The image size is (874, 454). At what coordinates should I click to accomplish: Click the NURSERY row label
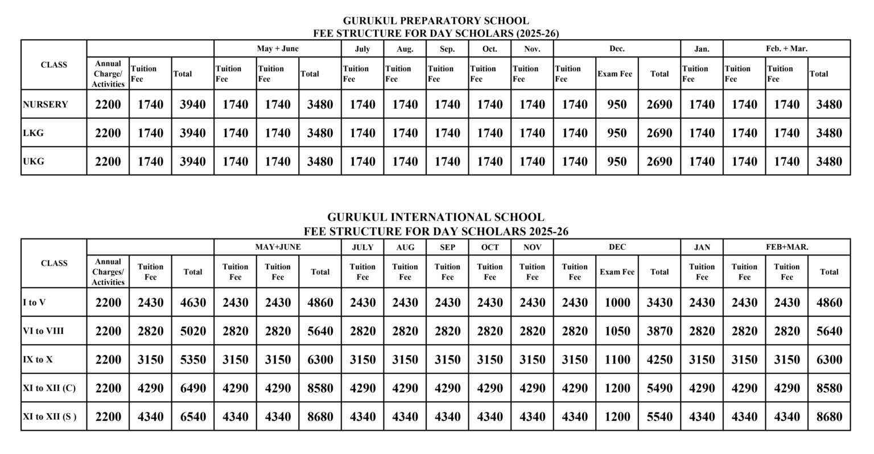coord(46,105)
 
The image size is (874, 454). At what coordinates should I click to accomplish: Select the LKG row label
coord(33,133)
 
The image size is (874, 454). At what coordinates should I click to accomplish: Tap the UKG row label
coord(34,162)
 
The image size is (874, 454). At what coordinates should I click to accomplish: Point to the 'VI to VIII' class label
coord(43,331)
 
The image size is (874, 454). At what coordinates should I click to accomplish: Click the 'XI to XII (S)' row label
coord(50,416)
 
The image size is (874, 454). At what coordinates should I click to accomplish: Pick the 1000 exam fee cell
coord(617,303)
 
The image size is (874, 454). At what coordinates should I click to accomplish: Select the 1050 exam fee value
coord(617,331)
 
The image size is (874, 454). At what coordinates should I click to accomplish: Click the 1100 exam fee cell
coord(617,360)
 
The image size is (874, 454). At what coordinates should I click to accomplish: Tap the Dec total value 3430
coord(659,303)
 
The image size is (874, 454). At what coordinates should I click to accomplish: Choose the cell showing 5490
coord(659,388)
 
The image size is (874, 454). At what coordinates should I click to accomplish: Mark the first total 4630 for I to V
coord(193,303)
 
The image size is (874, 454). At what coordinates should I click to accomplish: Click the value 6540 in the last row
coord(193,416)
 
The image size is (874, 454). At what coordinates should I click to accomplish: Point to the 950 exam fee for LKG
coord(617,133)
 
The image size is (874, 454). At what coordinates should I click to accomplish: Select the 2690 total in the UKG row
coord(659,162)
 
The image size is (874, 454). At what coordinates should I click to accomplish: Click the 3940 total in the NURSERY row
coord(193,105)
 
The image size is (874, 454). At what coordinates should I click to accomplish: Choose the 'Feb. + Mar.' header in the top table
coord(786,49)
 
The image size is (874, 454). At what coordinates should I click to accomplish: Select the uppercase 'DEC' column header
coord(617,247)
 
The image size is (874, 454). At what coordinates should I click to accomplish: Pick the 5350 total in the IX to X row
coord(193,360)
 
